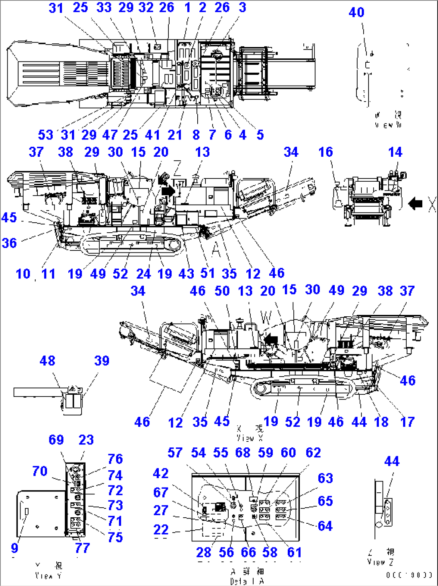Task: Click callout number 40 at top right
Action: pyautogui.click(x=356, y=12)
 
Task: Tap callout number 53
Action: pyautogui.click(x=45, y=135)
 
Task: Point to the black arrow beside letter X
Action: pyautogui.click(x=415, y=204)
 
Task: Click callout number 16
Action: pyautogui.click(x=325, y=152)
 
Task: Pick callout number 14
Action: pyautogui.click(x=395, y=152)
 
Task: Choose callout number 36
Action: pyautogui.click(x=9, y=243)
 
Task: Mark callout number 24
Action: pyautogui.click(x=143, y=274)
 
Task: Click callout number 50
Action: pyautogui.click(x=222, y=291)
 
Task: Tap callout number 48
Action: pyautogui.click(x=47, y=361)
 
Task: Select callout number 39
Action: pyautogui.click(x=102, y=361)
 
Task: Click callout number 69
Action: pyautogui.click(x=56, y=440)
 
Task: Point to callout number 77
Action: pyautogui.click(x=82, y=548)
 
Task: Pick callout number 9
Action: pyautogui.click(x=14, y=548)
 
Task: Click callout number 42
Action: pyautogui.click(x=161, y=474)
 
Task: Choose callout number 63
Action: pyautogui.click(x=325, y=479)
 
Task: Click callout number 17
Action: pyautogui.click(x=407, y=422)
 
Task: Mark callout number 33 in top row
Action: pyautogui.click(x=104, y=8)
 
